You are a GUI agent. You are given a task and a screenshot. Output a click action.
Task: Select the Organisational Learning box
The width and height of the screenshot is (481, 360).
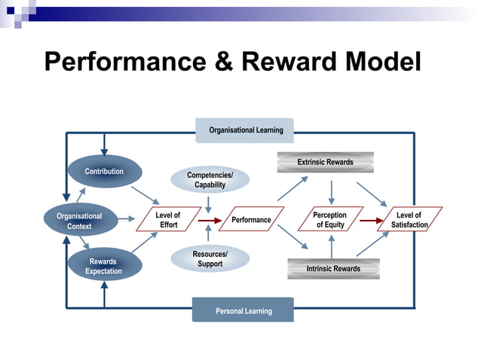245,130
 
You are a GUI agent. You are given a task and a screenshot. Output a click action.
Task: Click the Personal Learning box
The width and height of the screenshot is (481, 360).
243,310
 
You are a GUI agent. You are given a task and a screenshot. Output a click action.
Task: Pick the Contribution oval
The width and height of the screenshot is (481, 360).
104,172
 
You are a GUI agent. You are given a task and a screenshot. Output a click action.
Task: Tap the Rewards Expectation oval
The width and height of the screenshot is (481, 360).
104,266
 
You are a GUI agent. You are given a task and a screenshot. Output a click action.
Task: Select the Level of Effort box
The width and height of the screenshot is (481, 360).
167,220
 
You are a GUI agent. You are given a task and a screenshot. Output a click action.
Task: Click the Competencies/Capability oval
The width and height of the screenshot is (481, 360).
210,180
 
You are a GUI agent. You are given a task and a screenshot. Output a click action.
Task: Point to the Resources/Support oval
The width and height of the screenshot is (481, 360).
210,259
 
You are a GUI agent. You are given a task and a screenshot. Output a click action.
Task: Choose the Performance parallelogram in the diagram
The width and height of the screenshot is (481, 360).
251,220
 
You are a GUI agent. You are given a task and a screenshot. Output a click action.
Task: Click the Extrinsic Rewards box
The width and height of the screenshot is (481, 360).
325,162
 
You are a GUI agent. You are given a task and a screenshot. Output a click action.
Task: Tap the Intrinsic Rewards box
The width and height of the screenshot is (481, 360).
333,268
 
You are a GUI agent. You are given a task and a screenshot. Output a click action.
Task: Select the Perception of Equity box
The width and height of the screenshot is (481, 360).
329,220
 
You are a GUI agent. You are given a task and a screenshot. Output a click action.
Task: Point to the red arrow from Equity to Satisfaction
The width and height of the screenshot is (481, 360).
371,221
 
